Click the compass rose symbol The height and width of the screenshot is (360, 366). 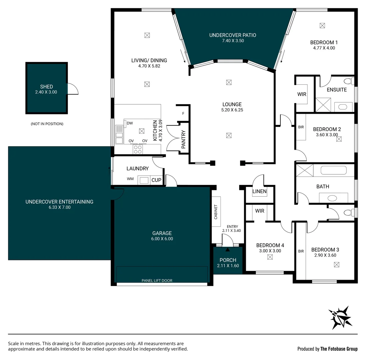(x=340, y=317)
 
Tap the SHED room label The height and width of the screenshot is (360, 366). (x=46, y=87)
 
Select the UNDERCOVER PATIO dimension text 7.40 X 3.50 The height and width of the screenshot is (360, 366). (x=233, y=41)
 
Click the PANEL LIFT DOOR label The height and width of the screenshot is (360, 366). (x=157, y=280)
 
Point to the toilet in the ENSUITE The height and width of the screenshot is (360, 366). (x=348, y=81)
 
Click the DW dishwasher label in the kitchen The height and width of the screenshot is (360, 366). (x=130, y=123)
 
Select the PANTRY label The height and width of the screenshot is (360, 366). (x=183, y=139)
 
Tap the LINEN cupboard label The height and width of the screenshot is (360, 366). (x=259, y=191)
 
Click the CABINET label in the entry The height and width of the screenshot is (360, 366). (x=216, y=212)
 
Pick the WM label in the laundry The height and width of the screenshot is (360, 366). (x=130, y=179)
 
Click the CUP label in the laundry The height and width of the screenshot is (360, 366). (x=157, y=180)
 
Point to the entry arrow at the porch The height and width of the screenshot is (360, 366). (x=228, y=249)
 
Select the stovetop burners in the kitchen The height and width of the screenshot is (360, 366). (x=138, y=149)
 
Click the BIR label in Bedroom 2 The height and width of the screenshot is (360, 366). (x=301, y=127)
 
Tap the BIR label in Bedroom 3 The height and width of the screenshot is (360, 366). (x=301, y=251)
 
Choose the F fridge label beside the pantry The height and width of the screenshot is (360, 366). (x=183, y=114)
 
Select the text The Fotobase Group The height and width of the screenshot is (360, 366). (x=339, y=349)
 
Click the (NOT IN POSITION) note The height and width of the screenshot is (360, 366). (x=47, y=124)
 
